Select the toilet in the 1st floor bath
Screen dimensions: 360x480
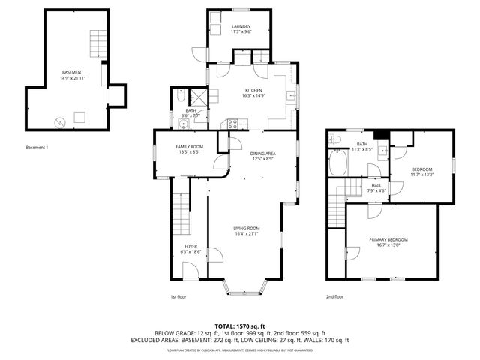click(180, 95)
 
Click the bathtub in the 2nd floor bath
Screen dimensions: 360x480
click(339, 162)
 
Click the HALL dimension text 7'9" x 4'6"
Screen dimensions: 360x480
click(376, 190)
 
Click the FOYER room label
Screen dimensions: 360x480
click(191, 246)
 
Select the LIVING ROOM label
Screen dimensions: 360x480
click(246, 228)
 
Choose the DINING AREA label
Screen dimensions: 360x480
click(262, 153)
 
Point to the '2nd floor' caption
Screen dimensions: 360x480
click(334, 296)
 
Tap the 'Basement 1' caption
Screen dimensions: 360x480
click(37, 147)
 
